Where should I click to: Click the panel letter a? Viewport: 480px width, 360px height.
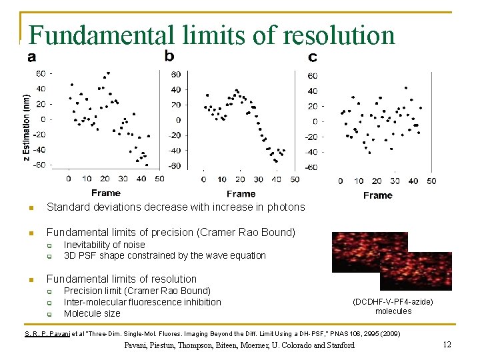click(32, 57)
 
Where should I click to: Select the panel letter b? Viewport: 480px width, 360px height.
click(170, 55)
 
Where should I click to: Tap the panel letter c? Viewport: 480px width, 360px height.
click(313, 57)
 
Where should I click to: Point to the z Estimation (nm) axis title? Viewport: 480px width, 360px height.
click(26, 120)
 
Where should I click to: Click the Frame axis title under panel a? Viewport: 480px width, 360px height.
click(106, 193)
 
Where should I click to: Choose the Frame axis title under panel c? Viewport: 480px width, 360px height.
click(378, 195)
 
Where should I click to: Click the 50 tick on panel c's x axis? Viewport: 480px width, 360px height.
click(431, 181)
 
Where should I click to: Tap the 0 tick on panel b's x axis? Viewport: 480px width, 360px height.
click(203, 179)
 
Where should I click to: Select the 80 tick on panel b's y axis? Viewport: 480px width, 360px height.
click(176, 74)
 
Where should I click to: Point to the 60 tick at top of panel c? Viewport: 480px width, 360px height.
click(312, 75)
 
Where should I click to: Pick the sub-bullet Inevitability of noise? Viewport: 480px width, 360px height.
click(104, 245)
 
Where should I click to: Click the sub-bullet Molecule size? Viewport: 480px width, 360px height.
click(92, 313)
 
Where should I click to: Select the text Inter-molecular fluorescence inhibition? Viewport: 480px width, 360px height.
click(142, 302)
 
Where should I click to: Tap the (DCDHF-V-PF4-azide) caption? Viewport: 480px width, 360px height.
click(393, 302)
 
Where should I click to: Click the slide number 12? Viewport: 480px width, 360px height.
click(447, 344)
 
